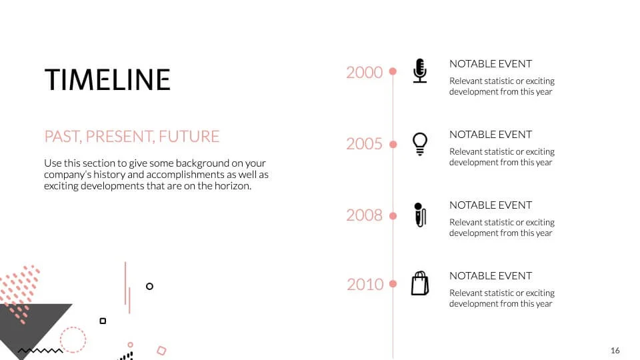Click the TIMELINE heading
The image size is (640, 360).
(x=107, y=79)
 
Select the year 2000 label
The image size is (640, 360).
(x=364, y=72)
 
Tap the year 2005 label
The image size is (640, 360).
(x=364, y=143)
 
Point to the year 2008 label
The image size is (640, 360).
(x=364, y=215)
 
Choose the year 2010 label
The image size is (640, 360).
(x=365, y=285)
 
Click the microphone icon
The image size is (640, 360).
(x=419, y=71)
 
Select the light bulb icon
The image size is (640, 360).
(x=419, y=143)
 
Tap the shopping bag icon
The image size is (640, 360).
(x=419, y=283)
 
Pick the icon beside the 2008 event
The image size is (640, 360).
(x=419, y=215)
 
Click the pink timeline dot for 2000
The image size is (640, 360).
(x=393, y=71)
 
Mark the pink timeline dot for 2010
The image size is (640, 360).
(x=393, y=284)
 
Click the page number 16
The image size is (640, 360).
(x=615, y=351)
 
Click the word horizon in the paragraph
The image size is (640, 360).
(x=231, y=186)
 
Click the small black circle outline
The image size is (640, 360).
(x=149, y=286)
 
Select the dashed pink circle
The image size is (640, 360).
(x=73, y=339)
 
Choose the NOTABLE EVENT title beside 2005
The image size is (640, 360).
(x=490, y=134)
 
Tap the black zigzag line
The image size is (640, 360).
(x=40, y=350)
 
